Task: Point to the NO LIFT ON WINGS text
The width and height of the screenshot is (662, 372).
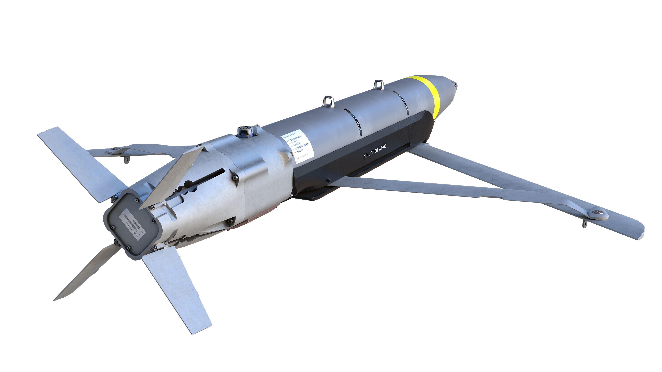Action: [x=375, y=151]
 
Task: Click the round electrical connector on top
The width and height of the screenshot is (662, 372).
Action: [x=243, y=131]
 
